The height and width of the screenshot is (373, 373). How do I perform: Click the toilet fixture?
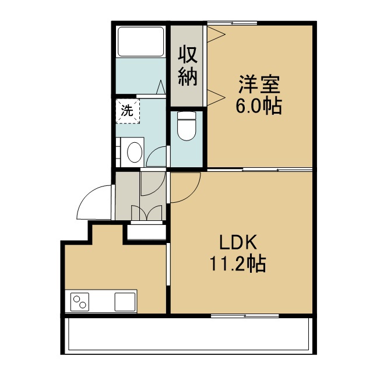[186, 126]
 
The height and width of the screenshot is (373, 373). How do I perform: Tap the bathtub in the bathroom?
[141, 41]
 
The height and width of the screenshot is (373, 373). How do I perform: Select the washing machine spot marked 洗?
[128, 111]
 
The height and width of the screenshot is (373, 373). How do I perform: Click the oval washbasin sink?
[135, 152]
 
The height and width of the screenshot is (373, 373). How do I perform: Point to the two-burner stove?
[80, 302]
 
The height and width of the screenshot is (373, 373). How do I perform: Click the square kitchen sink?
[125, 302]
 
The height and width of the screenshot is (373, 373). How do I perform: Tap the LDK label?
[238, 242]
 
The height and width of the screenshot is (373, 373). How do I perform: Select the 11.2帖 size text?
[237, 263]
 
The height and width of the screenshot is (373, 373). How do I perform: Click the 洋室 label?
[259, 84]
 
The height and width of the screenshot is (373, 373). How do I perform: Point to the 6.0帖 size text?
[259, 106]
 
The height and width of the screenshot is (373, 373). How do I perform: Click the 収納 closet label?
[188, 66]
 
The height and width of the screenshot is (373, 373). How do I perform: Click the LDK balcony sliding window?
[245, 316]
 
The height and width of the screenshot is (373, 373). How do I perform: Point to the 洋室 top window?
[232, 23]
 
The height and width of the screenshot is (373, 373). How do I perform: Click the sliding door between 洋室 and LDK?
[260, 170]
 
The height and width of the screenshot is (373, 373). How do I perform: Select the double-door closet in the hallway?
[146, 212]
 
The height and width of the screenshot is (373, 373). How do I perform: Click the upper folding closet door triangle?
[216, 34]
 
